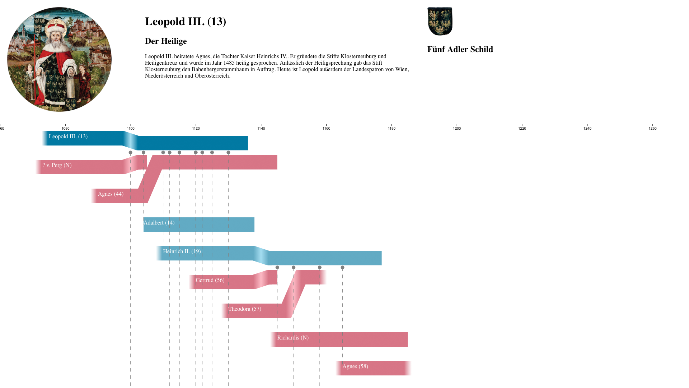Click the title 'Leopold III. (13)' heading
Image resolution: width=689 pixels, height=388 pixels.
(x=185, y=22)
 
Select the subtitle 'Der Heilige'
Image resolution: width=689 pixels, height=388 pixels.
(x=166, y=41)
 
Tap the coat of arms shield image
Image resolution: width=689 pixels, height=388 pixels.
(x=440, y=21)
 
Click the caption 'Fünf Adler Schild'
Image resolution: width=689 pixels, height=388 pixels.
(x=460, y=50)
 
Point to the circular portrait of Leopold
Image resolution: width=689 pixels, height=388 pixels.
(x=59, y=59)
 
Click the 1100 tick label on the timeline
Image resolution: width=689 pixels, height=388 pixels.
(x=131, y=129)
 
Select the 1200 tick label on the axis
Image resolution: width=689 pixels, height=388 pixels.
(x=457, y=129)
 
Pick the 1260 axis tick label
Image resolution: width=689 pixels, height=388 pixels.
(x=652, y=129)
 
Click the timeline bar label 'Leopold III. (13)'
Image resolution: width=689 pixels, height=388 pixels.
(x=68, y=137)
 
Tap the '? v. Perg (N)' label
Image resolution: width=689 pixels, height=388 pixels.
(x=57, y=165)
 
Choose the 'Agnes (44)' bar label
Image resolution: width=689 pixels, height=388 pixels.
(x=111, y=194)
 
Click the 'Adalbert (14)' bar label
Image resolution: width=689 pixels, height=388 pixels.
(x=159, y=223)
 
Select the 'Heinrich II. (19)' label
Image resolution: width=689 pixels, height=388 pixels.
(x=182, y=251)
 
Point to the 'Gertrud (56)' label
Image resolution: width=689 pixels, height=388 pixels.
(x=210, y=280)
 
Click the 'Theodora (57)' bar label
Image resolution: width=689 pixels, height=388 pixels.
(x=245, y=309)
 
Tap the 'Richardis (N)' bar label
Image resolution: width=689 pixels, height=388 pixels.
(x=293, y=338)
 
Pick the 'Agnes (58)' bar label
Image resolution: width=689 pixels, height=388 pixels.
(x=355, y=366)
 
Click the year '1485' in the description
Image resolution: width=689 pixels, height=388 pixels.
(x=229, y=63)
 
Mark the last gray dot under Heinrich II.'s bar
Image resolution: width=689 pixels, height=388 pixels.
(x=342, y=268)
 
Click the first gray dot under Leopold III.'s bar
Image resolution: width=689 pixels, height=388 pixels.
(x=131, y=153)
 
